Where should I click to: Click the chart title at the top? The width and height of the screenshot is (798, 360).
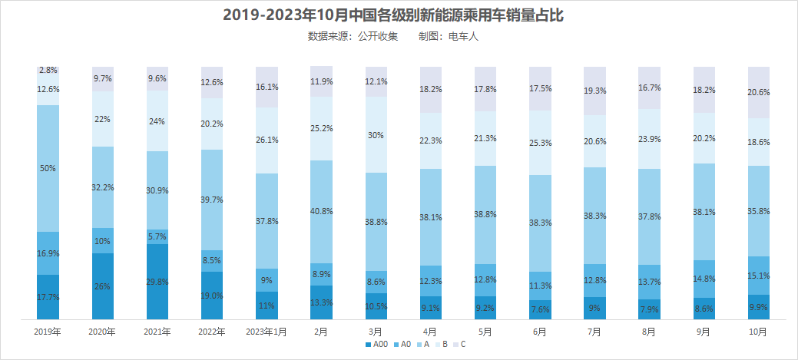(398, 15)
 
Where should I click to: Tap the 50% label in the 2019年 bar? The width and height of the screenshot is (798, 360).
(48, 168)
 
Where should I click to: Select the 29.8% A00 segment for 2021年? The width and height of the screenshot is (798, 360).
(157, 282)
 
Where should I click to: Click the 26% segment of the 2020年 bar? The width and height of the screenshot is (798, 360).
(103, 286)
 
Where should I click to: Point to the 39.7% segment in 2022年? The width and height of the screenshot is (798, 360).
(212, 200)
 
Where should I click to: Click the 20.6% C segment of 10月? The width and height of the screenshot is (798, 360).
(758, 92)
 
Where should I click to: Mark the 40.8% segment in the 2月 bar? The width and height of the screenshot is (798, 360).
(321, 211)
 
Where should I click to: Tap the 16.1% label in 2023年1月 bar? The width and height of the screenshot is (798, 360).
(267, 88)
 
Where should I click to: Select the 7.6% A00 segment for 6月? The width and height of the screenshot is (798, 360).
(540, 309)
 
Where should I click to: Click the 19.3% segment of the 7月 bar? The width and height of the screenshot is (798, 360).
(594, 91)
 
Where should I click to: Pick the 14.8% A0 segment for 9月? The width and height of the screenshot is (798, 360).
(704, 279)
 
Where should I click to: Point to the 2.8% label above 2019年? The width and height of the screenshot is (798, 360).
(48, 70)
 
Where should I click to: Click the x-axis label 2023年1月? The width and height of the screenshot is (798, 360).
(267, 332)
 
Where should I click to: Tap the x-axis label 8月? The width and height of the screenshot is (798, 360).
(649, 332)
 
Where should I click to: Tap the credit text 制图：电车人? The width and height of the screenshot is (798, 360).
(448, 36)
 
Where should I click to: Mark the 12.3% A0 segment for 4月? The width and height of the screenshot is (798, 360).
(430, 282)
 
